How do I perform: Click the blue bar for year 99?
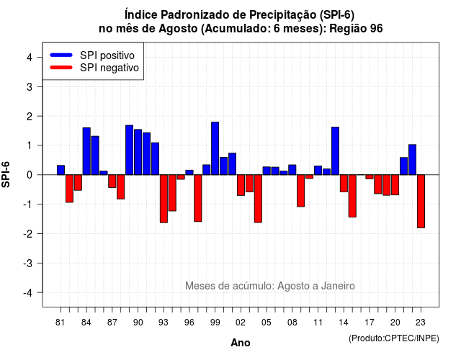215,148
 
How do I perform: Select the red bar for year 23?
421,202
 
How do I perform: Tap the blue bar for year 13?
335,151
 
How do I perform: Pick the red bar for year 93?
164,199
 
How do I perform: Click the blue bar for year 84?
86,151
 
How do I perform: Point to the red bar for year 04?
258,199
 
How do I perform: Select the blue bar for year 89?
130,150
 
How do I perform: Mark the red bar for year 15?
352,196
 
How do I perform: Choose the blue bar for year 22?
412,160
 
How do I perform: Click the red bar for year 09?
301,191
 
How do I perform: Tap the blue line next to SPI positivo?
61,55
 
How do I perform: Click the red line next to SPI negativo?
61,68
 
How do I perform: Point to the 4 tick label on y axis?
30,58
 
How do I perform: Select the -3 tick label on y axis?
28,264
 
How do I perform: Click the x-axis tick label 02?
241,323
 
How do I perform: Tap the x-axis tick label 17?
370,323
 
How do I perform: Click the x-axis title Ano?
241,343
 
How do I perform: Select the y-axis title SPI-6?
6,174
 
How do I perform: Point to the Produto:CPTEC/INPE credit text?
394,338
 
